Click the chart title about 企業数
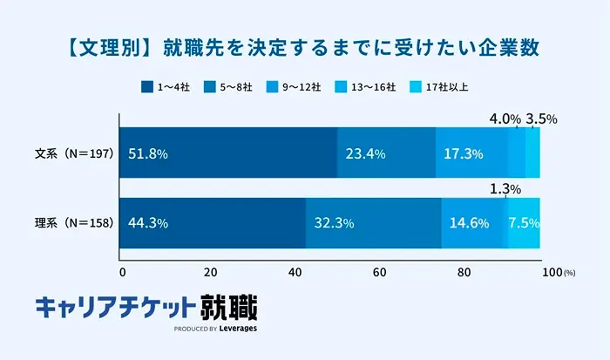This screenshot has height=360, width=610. coord(305,46)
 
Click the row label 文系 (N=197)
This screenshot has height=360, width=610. coord(73,153)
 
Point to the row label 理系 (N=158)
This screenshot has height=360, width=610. coord(73,223)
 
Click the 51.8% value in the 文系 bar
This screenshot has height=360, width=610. coord(147,153)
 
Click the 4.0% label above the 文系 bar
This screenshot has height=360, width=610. coord(505,119)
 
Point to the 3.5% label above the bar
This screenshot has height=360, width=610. coord(542,119)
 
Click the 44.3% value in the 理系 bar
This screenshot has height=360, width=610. coord(147,223)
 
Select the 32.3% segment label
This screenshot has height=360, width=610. coord(333,223)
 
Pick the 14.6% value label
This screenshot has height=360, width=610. coord(470,223)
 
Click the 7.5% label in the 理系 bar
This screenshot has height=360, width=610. coord(525,223)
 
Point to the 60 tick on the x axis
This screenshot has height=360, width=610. coord(379,271)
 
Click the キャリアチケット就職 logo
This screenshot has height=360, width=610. coord(146,310)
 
